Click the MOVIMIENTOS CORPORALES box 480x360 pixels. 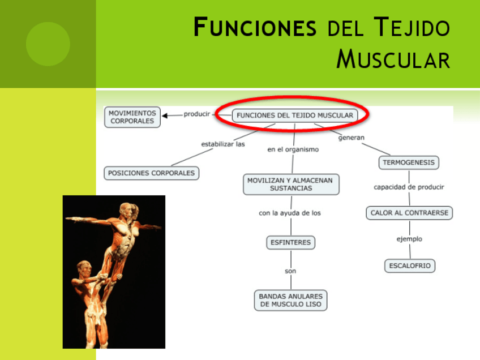pyautogui.click(x=132, y=117)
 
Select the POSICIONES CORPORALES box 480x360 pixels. pyautogui.click(x=151, y=173)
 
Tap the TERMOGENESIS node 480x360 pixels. pyautogui.click(x=409, y=162)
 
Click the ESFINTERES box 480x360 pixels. pyautogui.click(x=291, y=242)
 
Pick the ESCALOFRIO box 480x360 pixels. pyautogui.click(x=410, y=265)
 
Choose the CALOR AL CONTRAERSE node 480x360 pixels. pyautogui.click(x=409, y=213)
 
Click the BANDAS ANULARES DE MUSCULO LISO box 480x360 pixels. pyautogui.click(x=290, y=300)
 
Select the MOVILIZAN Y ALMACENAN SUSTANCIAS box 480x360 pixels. pyautogui.click(x=291, y=184)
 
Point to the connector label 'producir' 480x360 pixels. pyautogui.click(x=196, y=114)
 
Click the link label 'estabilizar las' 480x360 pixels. pyautogui.click(x=223, y=144)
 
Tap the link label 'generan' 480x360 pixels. pyautogui.click(x=352, y=137)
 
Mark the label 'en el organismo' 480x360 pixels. pyautogui.click(x=293, y=149)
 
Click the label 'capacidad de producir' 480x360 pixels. pyautogui.click(x=409, y=187)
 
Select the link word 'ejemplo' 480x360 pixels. pyautogui.click(x=409, y=239)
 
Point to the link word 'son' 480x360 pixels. pyautogui.click(x=290, y=271)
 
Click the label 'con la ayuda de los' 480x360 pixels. pyautogui.click(x=290, y=213)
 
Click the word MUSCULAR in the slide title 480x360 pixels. pyautogui.click(x=393, y=59)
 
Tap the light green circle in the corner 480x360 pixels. pyautogui.click(x=48, y=44)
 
